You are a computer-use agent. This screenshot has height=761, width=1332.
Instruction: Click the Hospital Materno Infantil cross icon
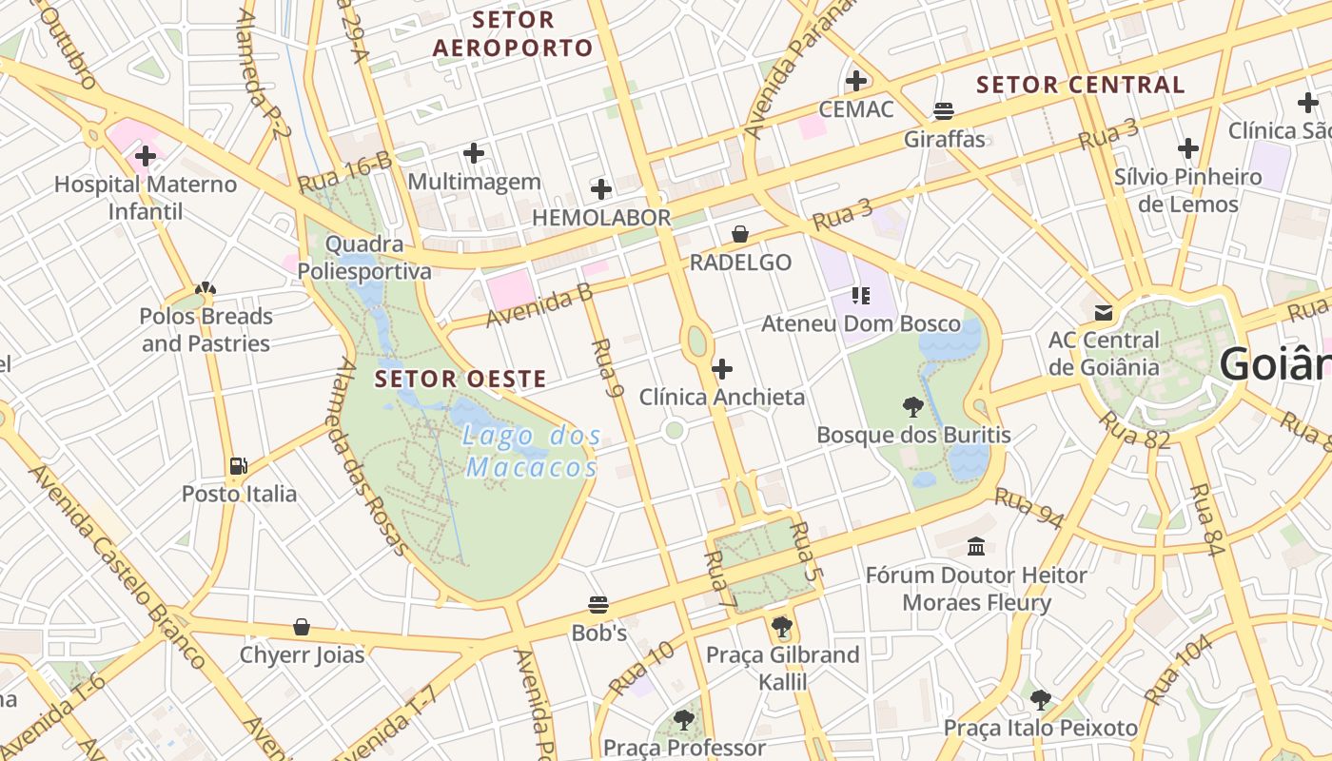click(x=146, y=155)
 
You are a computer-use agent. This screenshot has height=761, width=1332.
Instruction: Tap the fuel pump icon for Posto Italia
click(x=239, y=465)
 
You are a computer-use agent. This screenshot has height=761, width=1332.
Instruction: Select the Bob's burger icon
click(x=598, y=604)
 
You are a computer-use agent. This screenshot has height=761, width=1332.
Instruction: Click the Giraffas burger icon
click(x=944, y=110)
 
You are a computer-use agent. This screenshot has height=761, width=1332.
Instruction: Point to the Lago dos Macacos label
click(x=533, y=452)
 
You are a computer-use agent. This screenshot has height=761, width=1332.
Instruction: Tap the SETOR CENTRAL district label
click(x=1080, y=85)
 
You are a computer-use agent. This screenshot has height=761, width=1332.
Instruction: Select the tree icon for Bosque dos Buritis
click(x=912, y=407)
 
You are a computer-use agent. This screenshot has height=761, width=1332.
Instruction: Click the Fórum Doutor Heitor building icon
click(x=976, y=546)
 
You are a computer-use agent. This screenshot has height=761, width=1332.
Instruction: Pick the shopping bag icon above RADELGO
click(x=740, y=234)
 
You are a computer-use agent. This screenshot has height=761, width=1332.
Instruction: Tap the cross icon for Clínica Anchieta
click(x=722, y=368)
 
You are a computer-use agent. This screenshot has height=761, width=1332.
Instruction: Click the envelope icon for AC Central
click(x=1104, y=312)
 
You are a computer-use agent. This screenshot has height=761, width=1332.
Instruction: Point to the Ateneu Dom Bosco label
click(x=861, y=323)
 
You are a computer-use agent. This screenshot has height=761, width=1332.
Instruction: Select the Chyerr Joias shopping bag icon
click(x=302, y=627)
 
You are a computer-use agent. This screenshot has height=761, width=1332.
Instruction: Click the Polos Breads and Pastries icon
click(x=206, y=288)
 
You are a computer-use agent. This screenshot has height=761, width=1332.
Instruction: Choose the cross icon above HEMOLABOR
click(x=600, y=188)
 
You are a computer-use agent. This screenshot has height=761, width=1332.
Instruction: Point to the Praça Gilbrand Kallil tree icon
click(x=782, y=626)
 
